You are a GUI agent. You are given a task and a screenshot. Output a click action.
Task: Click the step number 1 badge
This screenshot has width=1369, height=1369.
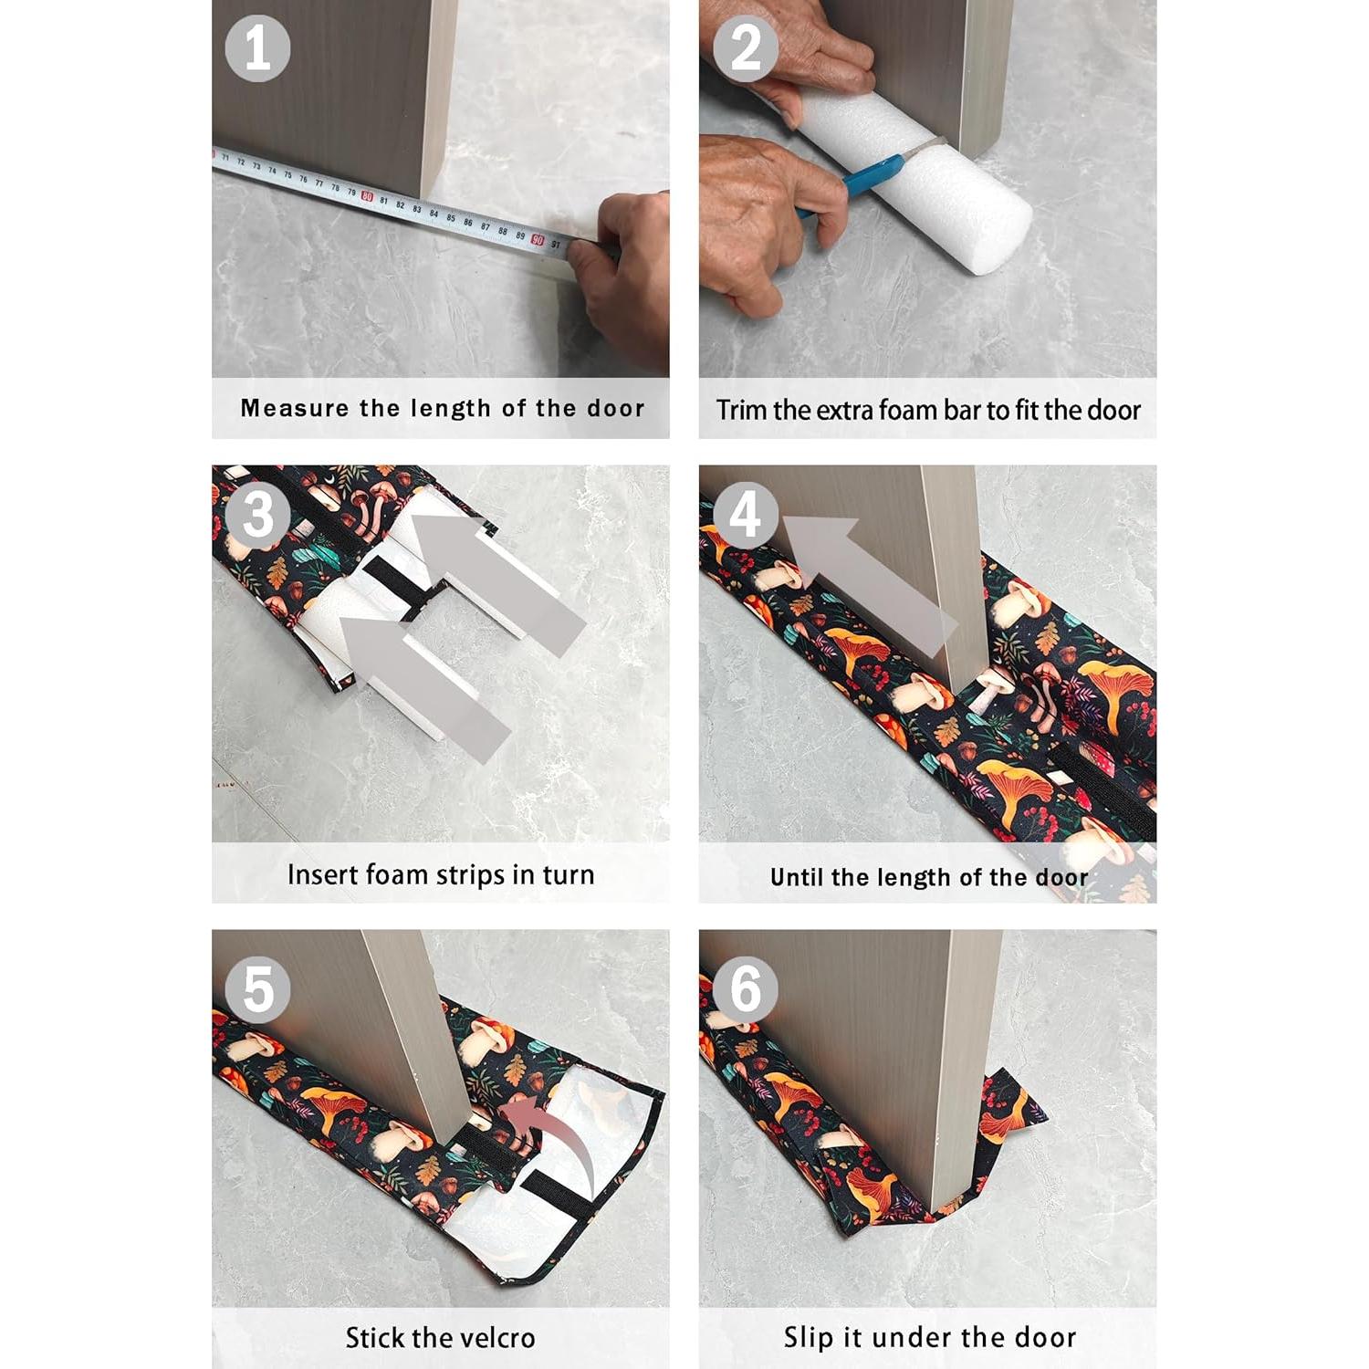257,48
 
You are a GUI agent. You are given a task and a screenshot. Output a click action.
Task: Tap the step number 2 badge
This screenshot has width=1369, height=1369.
745,48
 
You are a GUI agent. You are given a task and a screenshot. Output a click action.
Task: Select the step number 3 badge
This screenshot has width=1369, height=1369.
257,515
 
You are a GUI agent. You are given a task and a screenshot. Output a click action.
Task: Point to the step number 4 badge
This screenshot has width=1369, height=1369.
745,515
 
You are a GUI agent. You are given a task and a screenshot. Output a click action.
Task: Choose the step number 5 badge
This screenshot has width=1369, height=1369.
257,989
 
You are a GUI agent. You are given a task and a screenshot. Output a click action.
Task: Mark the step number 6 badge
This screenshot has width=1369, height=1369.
745,989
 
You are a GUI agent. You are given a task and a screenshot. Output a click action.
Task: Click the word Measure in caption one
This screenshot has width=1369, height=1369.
294,408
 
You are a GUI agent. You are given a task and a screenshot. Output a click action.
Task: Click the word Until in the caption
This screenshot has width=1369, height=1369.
797,877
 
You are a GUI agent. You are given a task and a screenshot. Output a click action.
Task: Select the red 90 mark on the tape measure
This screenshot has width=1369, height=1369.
538,239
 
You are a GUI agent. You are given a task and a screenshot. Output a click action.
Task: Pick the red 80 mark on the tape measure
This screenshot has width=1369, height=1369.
367,196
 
